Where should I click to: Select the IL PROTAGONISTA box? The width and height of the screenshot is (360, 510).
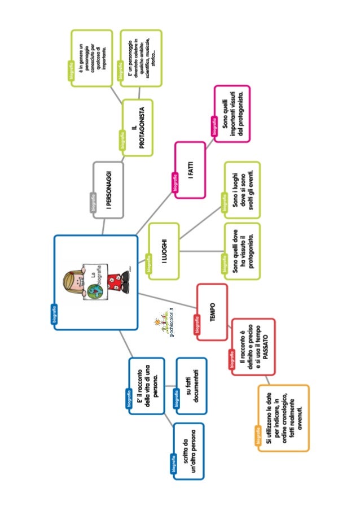138,127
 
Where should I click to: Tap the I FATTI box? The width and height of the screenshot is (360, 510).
190,169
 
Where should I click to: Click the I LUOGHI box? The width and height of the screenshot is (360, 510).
164,251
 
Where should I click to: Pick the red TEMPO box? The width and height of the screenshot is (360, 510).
212,312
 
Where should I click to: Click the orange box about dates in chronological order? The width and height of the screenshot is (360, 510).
284,418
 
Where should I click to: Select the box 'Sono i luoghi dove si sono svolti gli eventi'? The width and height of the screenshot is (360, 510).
243,190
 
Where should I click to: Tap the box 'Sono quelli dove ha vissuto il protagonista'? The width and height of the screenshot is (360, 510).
243,252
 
